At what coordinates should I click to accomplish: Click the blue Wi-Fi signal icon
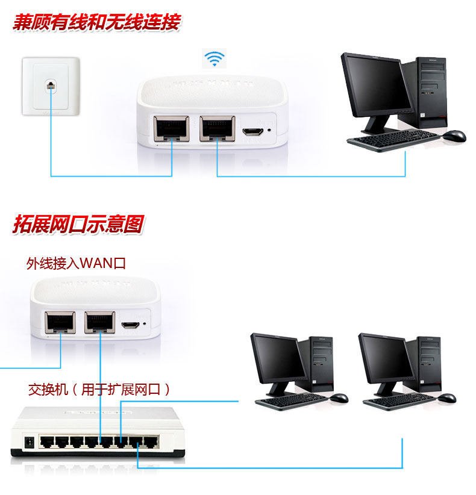pos(214,58)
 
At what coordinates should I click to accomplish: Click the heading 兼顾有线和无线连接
pos(96,23)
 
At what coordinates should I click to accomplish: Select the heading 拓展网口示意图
pos(78,225)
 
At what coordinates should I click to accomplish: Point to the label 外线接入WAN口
pos(76,263)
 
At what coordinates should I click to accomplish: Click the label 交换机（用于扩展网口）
pos(99,390)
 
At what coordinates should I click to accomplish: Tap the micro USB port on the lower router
pos(130,326)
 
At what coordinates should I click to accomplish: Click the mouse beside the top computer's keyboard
pos(454,136)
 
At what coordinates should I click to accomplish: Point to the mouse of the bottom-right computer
pos(447,398)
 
